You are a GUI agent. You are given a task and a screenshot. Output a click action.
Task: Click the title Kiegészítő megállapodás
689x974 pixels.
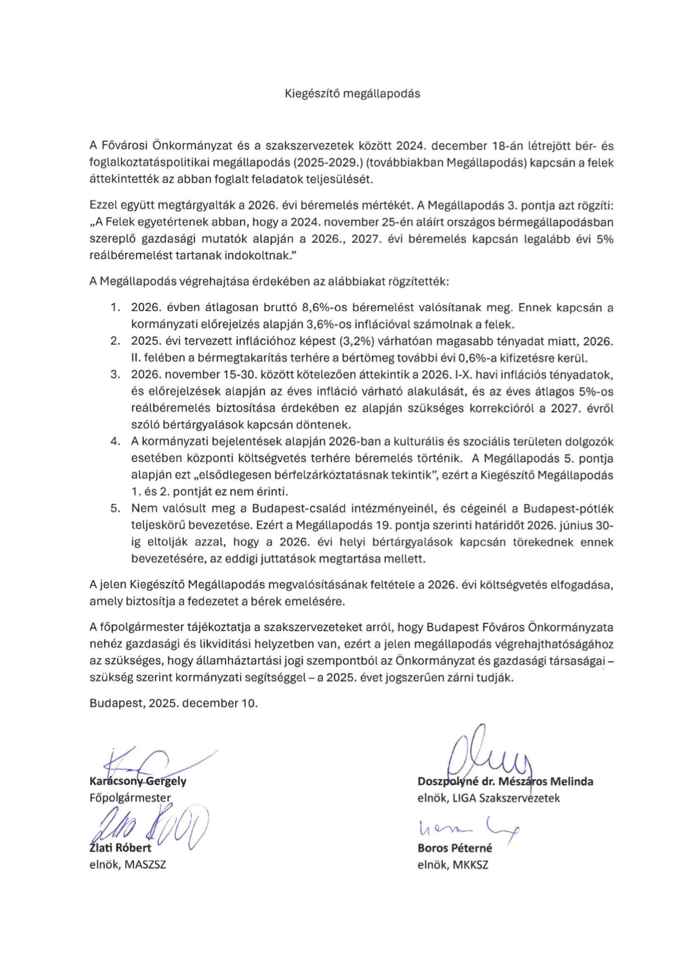[x=352, y=93]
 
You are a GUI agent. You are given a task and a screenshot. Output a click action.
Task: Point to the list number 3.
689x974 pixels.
[x=115, y=374]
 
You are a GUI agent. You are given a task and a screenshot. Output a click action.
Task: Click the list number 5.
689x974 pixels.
[x=115, y=508]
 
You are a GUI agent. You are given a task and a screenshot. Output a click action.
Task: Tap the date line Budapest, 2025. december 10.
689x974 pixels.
[x=174, y=703]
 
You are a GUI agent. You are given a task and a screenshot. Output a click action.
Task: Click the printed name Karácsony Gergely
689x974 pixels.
[x=138, y=781]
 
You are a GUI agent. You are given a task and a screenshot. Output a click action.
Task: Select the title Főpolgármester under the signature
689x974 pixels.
[x=130, y=798]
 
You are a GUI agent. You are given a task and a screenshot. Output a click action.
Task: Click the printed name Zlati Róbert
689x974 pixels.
[x=120, y=848]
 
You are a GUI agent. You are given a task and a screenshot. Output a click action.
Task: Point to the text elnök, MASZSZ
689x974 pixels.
[x=127, y=865]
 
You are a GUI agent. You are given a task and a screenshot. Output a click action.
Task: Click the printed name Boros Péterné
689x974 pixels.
[x=455, y=848]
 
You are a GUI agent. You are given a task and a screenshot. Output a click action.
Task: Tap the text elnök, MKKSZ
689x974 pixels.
[x=452, y=865]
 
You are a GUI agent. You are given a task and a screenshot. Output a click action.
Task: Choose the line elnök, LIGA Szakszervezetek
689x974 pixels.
[x=488, y=798]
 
